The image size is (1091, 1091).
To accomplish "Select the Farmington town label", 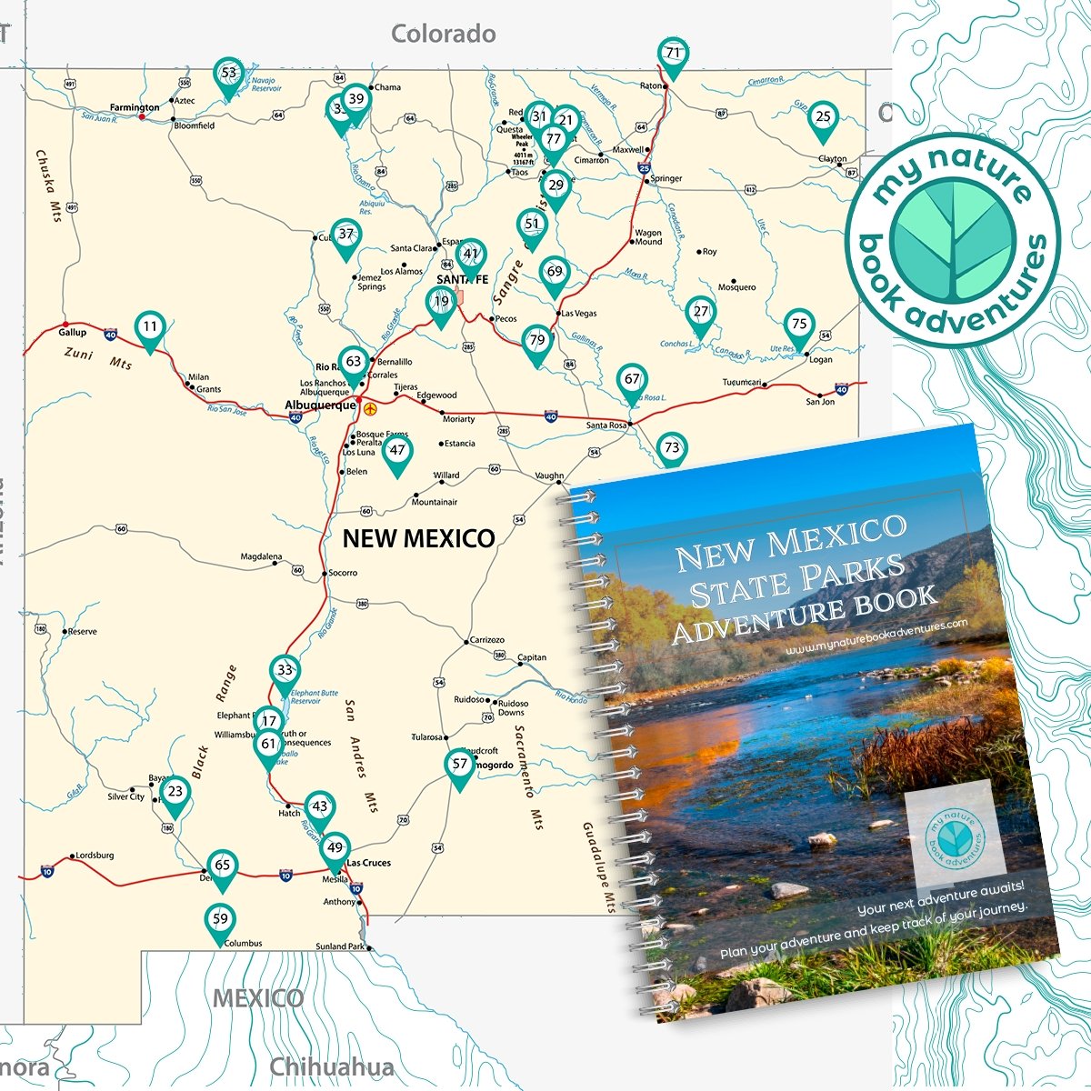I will coord(135,107).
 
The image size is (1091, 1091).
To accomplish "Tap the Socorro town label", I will coord(343,573).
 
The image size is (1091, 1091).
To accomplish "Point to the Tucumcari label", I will coord(742,383).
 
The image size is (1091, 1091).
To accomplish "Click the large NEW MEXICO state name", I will coord(418,538).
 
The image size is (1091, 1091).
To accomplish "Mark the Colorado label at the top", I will coord(444,35).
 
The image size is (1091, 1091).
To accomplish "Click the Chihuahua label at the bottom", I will coord(332,1067).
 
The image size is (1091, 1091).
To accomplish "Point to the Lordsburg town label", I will coord(95,856).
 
